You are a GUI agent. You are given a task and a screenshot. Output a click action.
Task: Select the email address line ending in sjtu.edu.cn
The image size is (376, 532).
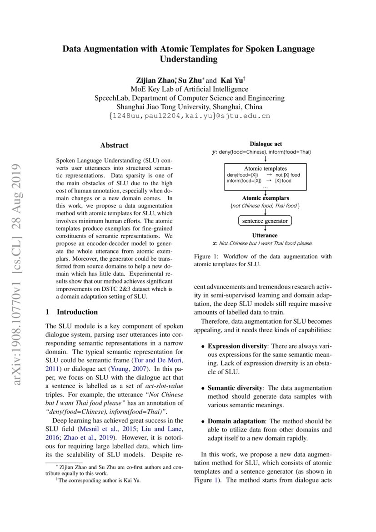click(x=189, y=116)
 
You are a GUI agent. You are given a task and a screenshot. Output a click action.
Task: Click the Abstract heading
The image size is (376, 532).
click(x=114, y=146)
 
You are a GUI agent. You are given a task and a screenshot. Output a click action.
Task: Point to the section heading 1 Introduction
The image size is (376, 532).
click(x=72, y=312)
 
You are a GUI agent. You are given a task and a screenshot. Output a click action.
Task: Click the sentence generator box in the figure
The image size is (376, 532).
click(x=265, y=221)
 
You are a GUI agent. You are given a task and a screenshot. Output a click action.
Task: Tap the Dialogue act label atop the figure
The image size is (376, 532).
click(x=266, y=144)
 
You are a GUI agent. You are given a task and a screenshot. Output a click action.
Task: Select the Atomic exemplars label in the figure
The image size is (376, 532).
click(x=265, y=198)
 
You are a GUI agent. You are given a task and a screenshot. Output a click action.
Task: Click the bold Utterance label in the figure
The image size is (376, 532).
click(x=265, y=235)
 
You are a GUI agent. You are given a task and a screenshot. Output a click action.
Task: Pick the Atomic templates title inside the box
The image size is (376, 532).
click(x=265, y=168)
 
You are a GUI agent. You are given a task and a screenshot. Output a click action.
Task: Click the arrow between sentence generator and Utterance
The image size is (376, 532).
click(x=265, y=229)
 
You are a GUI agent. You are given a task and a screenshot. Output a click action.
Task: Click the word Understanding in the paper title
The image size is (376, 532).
click(x=188, y=59)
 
